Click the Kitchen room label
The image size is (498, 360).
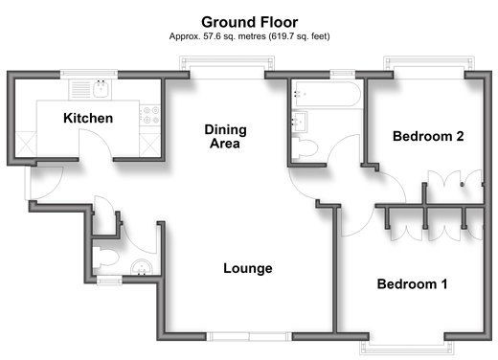click(88, 118)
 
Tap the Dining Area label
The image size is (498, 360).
click(225, 137)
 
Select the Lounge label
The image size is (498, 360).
click(248, 268)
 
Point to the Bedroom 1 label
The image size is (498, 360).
click(412, 284)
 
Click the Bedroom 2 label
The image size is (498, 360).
click(428, 136)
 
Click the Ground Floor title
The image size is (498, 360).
click(250, 22)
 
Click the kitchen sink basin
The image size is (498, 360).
click(102, 89)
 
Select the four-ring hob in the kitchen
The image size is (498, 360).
click(151, 115)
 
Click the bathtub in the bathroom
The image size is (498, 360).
click(328, 94)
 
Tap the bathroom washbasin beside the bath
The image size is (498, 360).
click(300, 122)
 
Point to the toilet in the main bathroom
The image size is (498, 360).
click(305, 148)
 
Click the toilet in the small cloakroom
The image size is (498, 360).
click(105, 258)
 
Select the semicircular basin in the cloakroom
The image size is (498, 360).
click(143, 268)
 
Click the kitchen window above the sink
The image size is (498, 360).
click(89, 74)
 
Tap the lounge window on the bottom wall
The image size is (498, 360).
click(249, 336)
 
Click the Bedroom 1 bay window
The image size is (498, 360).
click(407, 348)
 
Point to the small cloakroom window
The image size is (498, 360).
click(109, 281)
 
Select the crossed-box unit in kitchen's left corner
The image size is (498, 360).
click(26, 145)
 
